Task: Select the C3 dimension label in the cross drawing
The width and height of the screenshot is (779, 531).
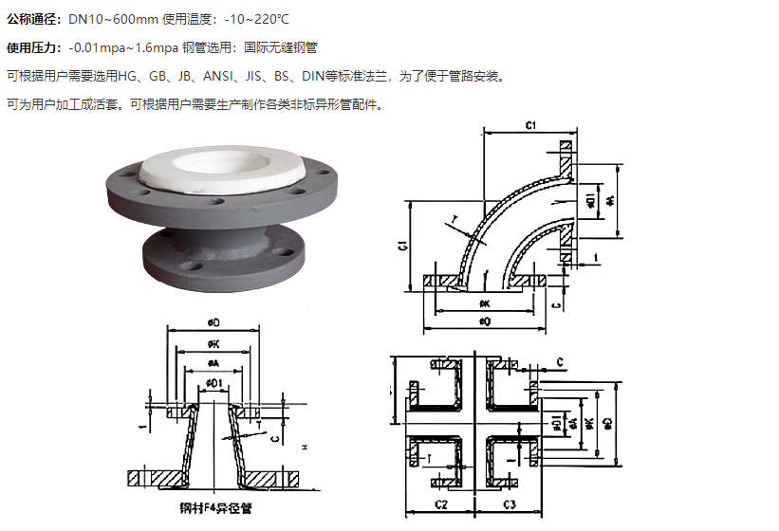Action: pyautogui.click(x=509, y=504)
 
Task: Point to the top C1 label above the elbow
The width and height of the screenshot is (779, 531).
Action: pyautogui.click(x=531, y=125)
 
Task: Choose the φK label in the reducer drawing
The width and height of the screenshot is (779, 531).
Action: pyautogui.click(x=213, y=343)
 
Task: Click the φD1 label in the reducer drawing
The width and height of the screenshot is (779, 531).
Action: pyautogui.click(x=215, y=382)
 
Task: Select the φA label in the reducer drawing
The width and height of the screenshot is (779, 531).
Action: pyautogui.click(x=213, y=363)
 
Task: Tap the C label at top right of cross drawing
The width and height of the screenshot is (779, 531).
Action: pyautogui.click(x=561, y=361)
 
